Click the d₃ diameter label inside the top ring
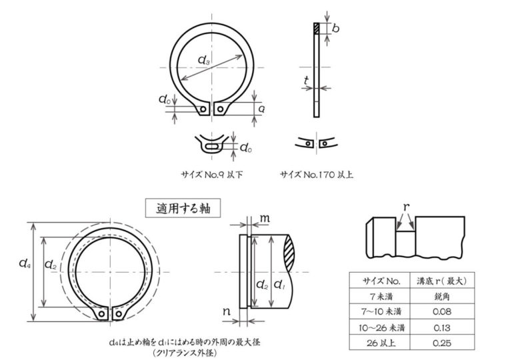[204, 60]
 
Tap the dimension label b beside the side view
[335, 29]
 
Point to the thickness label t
[306, 80]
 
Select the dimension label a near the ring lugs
[261, 109]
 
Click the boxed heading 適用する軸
[183, 208]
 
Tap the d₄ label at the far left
[25, 263]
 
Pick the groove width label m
[265, 218]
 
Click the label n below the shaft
[227, 311]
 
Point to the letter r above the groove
[406, 207]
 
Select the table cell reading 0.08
[442, 311]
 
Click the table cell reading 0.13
[442, 327]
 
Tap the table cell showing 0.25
[442, 343]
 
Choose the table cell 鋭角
[442, 296]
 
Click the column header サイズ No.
[381, 281]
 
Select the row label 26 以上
[381, 343]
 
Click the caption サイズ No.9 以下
[212, 175]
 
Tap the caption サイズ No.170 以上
[317, 175]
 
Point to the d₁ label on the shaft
[279, 285]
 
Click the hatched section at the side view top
[317, 29]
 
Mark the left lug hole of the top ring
[203, 109]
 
